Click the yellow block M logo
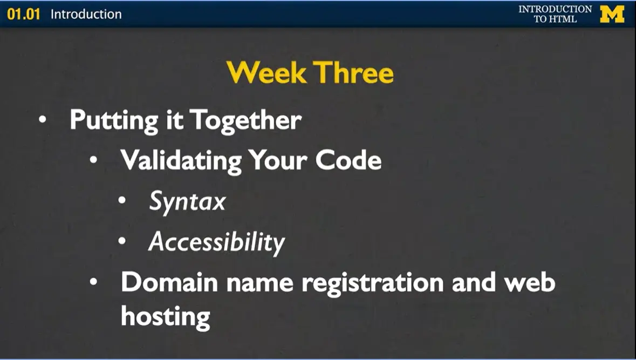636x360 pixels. click(612, 14)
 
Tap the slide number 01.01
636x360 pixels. click(24, 14)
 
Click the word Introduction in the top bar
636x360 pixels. click(86, 14)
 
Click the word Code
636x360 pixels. click(348, 160)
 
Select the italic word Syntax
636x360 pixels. click(187, 202)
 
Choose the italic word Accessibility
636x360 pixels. click(216, 242)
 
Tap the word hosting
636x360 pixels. click(165, 316)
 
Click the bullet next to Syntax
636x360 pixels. click(122, 201)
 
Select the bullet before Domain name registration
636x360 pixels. click(94, 282)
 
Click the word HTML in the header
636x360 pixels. click(563, 19)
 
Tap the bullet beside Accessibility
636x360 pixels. click(122, 241)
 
